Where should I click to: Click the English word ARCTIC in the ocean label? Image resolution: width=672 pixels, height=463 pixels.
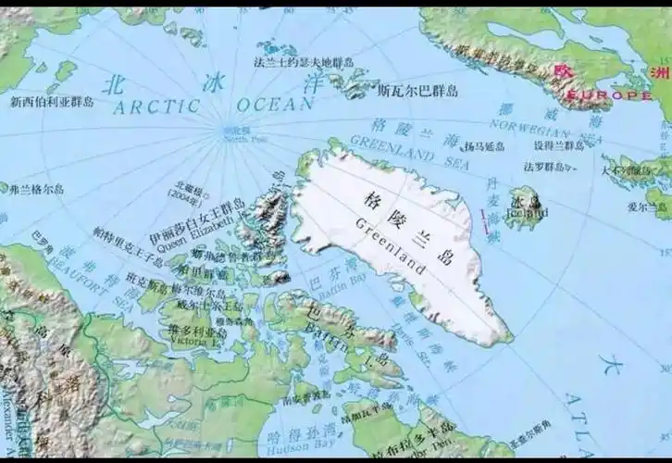tap(156, 106)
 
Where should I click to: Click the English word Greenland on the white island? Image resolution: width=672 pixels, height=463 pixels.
tap(390, 244)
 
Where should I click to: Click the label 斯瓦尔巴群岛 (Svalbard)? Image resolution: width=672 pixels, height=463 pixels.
tap(417, 91)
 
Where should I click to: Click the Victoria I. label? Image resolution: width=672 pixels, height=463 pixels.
tap(191, 341)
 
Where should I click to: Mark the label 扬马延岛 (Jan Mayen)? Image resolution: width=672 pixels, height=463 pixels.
tap(484, 146)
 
